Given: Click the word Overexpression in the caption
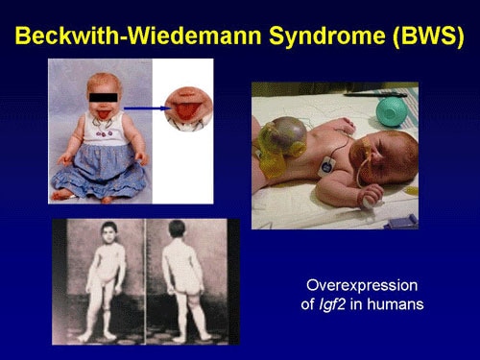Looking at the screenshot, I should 357,286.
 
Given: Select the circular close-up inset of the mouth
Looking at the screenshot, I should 186,108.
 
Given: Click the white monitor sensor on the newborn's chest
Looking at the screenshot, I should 326,164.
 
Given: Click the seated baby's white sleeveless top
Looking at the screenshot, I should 106,134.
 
